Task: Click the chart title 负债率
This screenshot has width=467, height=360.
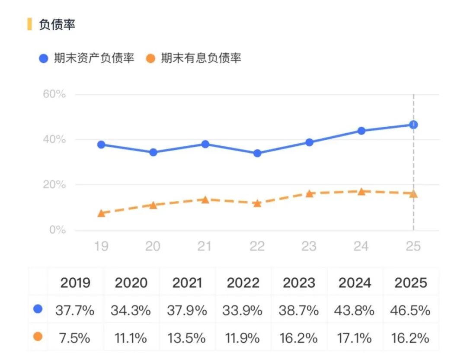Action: click(x=57, y=25)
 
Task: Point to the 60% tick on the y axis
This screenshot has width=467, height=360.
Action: click(x=54, y=94)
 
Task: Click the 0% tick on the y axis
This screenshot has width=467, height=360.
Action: click(x=57, y=230)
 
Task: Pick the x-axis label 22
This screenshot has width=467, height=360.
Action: click(x=257, y=246)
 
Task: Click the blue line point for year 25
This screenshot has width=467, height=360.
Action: click(x=413, y=125)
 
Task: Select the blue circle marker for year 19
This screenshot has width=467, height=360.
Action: click(x=101, y=145)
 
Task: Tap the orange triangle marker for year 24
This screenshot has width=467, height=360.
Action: click(x=361, y=191)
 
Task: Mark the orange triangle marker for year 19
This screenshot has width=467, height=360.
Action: click(x=101, y=213)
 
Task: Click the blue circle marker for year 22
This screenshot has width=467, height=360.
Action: click(x=257, y=153)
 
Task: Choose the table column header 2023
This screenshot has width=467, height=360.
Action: click(x=299, y=283)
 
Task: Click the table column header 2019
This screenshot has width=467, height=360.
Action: click(x=75, y=283)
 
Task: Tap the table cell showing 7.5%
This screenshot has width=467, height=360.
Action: click(x=75, y=337)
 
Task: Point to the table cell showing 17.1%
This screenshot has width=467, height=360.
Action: click(x=355, y=337)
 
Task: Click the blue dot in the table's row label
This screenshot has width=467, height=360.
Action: click(x=38, y=309)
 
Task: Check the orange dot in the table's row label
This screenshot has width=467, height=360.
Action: click(x=38, y=336)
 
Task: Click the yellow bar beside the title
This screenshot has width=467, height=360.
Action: click(x=29, y=24)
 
